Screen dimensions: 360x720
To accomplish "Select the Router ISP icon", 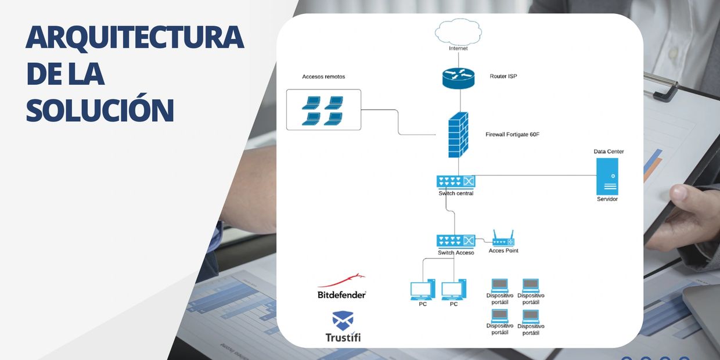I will pos(458,78).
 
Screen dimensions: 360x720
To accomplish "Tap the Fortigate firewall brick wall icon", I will pos(458,135).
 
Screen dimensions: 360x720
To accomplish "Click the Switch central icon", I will pos(456,182).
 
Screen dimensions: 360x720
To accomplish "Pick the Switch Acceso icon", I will pos(456,240).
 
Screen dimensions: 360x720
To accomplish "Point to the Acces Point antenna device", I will pos(503,239).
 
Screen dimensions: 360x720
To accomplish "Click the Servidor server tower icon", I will pos(607,177).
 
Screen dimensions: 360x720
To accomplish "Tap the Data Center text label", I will pos(609,152).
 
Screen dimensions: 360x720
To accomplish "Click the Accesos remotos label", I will pos(323,77).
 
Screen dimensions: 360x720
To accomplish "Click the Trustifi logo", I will pos(343,327).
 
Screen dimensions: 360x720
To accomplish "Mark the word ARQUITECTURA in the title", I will pos(135,37).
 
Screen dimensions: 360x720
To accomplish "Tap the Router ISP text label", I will pos(503,76).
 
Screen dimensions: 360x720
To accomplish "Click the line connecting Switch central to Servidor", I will pos(534,175).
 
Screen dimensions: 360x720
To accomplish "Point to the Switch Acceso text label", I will pos(456,253).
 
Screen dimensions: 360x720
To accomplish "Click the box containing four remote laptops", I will pos(323,110).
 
